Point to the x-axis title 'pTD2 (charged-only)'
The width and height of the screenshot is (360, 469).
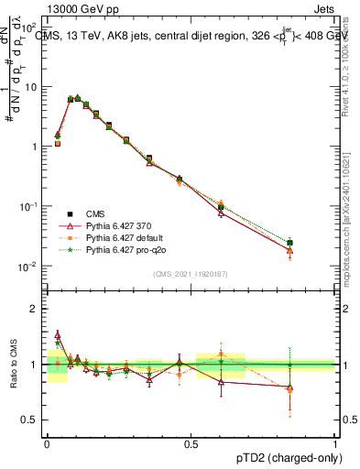284,456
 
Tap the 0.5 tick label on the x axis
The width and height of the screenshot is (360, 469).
191,443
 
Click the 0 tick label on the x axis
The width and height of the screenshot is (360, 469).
47,443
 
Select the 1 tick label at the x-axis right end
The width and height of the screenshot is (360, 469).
334,443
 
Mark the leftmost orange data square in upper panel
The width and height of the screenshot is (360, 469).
57,144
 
